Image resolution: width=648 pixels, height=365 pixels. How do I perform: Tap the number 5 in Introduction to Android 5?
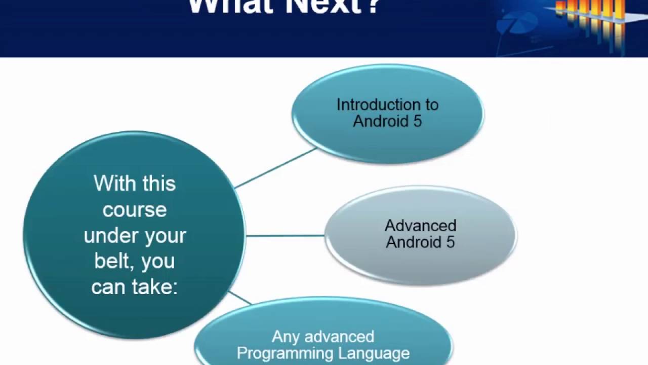pyautogui.click(x=417, y=121)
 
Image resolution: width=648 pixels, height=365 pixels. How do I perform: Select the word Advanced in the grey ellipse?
pyautogui.click(x=420, y=226)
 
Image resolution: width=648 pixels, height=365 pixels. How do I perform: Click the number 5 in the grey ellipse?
pyautogui.click(x=450, y=242)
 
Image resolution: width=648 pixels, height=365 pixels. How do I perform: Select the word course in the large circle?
pyautogui.click(x=135, y=209)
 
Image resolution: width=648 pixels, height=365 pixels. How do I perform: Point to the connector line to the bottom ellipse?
pyautogui.click(x=239, y=298)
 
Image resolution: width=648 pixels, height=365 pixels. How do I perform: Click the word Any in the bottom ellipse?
pyautogui.click(x=285, y=337)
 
